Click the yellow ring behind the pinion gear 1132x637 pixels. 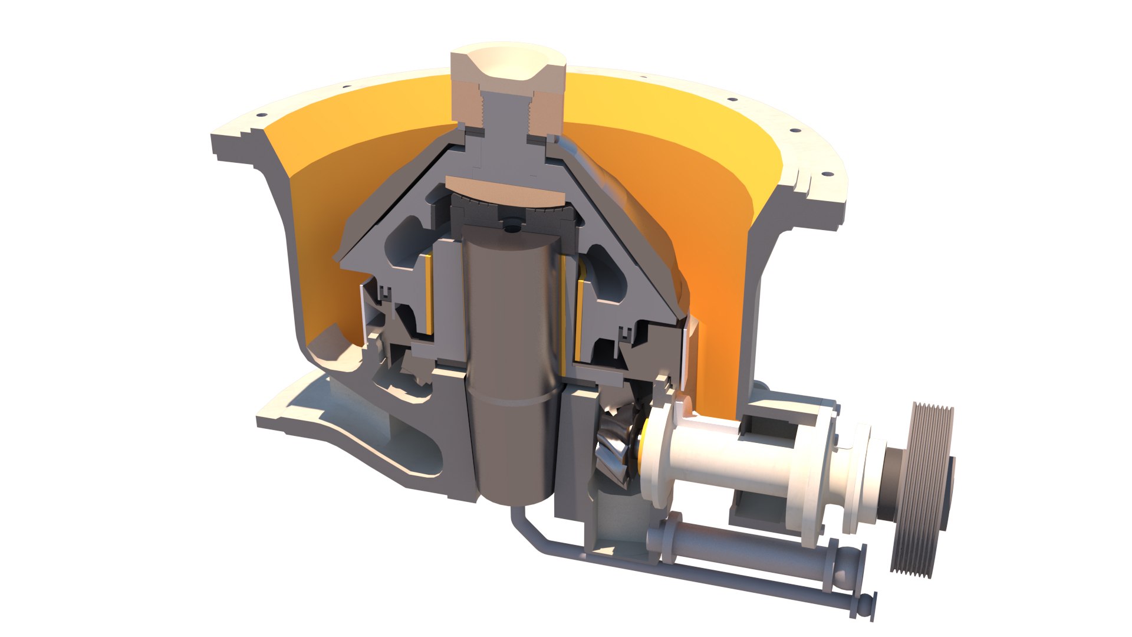click(646, 439)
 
